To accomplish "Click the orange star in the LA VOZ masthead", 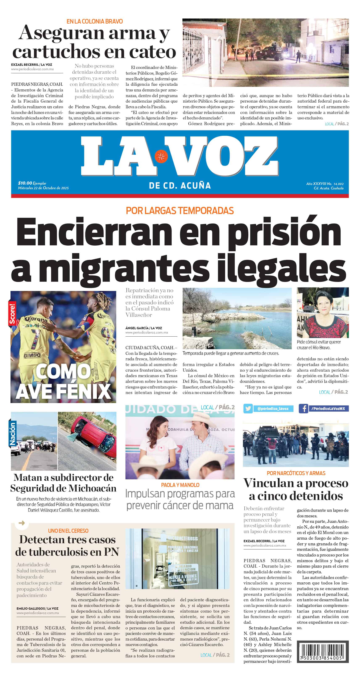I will click(161, 156).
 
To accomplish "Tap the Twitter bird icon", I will click(248, 408).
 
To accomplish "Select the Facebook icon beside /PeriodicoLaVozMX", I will click(303, 408).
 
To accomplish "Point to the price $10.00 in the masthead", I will click(25, 183).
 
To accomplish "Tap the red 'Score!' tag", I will click(12, 313).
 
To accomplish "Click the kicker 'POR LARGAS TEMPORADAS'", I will click(180, 211).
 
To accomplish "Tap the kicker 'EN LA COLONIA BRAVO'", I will click(95, 21).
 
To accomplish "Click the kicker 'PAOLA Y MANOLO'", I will click(180, 485).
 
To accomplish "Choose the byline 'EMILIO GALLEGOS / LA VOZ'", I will click(37, 608).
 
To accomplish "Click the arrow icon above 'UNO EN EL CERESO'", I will click(22, 523).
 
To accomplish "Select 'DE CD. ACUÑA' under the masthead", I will click(180, 186).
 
